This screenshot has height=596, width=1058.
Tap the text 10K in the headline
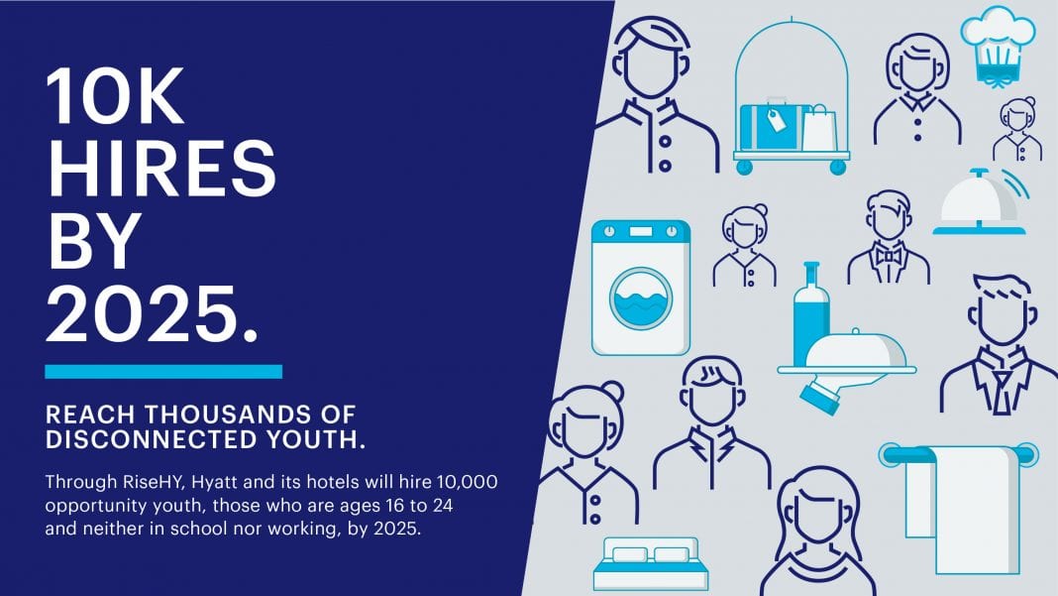115,95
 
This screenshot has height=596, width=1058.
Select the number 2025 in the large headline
143,313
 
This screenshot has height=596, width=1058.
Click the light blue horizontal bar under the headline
163,371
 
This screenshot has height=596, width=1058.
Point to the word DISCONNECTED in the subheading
152,440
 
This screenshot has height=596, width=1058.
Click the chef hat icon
998,46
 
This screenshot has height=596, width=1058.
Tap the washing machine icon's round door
641,298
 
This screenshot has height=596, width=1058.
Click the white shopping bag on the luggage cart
819,128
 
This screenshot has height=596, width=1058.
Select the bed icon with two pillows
651,563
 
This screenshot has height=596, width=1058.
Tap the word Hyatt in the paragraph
215,483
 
